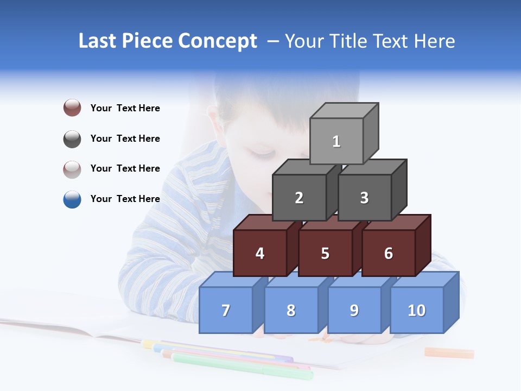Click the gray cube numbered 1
point(336,141)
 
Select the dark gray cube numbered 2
point(299,198)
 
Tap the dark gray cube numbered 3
point(364,198)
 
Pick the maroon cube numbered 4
point(260,253)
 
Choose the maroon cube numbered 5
point(325,253)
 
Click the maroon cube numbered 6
point(389,253)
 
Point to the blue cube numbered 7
point(226,310)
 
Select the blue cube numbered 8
point(291,310)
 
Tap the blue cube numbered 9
point(354,310)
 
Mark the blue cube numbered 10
point(417,310)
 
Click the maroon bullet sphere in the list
point(72,108)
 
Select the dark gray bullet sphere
point(72,138)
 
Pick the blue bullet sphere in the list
point(72,199)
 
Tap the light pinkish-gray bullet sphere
point(72,169)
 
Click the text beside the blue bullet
point(125,199)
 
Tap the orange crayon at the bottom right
point(449,353)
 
